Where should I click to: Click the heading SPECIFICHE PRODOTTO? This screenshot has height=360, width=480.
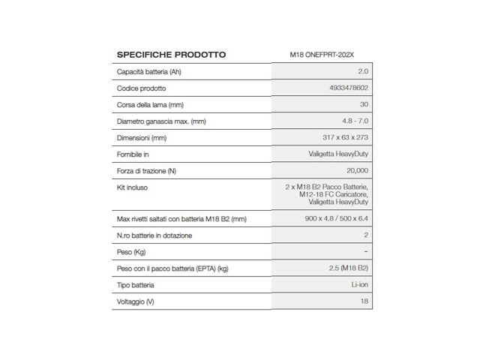171,55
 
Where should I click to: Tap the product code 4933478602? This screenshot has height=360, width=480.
349,88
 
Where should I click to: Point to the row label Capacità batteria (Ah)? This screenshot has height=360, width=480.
148,72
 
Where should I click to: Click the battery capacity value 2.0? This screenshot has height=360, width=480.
363,72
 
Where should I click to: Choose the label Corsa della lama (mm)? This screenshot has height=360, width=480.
150,105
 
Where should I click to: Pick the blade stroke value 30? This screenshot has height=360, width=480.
364,105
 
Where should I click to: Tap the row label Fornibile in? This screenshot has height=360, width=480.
133,154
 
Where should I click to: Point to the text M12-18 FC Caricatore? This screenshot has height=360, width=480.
331,195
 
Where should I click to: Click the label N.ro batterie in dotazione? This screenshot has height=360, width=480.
154,235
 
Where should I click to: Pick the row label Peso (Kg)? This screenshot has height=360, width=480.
131,252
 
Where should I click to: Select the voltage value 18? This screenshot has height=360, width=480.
364,301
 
